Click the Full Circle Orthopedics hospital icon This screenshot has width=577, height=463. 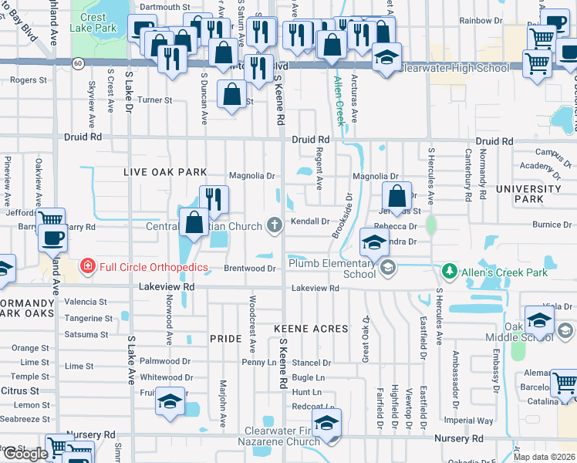pyautogui.click(x=88, y=267)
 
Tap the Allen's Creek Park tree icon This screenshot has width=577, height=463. pyautogui.click(x=450, y=271)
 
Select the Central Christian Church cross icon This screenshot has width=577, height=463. pyautogui.click(x=274, y=225)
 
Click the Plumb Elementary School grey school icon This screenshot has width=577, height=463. pyautogui.click(x=387, y=268)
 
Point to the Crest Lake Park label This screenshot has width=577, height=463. pyautogui.click(x=93, y=22)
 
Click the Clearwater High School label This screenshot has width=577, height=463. pyautogui.click(x=455, y=68)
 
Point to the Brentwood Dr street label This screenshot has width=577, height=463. pyautogui.click(x=250, y=268)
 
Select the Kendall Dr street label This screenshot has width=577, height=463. pyautogui.click(x=311, y=221)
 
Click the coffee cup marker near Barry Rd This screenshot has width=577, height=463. pyautogui.click(x=53, y=239)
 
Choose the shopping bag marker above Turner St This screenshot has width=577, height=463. pyautogui.click(x=232, y=95)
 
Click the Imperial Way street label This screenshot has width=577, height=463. pyautogui.click(x=474, y=421)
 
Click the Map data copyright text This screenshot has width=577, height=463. pyautogui.click(x=544, y=457)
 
